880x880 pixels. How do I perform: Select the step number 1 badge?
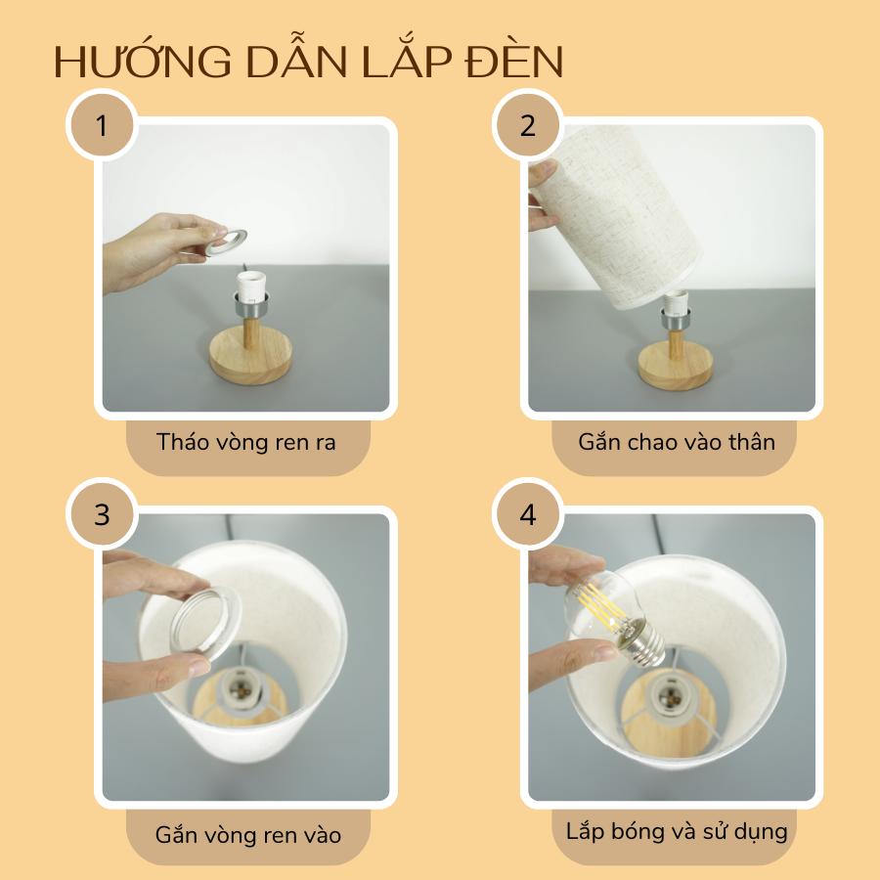102,124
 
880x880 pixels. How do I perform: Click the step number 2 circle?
528,124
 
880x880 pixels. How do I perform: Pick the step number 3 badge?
102,514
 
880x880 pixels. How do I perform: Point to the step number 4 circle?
528,514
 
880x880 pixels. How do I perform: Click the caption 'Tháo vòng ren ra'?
245,442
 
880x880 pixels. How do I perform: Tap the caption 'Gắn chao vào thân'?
677,442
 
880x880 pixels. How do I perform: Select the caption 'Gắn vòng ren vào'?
248,835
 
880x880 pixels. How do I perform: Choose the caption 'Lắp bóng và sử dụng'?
677,831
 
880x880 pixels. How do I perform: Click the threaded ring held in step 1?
227,242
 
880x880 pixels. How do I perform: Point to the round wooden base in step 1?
251,358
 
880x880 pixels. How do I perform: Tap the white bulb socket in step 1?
251,286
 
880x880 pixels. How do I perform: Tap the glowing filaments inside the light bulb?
597,602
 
